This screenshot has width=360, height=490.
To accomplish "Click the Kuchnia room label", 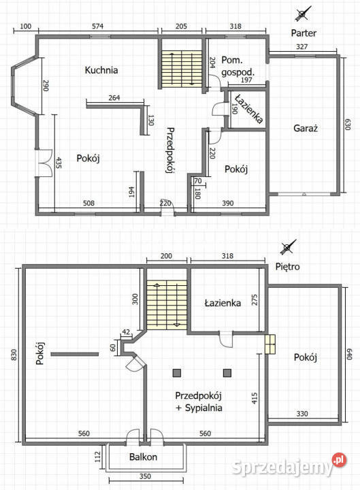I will [101, 70].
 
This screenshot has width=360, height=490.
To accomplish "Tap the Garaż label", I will [306, 128].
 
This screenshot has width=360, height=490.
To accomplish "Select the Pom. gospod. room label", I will [237, 65].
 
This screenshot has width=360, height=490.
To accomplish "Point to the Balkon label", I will [143, 457].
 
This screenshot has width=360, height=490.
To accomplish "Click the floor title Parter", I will [304, 33].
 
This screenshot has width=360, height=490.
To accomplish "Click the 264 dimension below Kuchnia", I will [114, 97].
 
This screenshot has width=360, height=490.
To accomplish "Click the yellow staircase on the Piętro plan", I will [167, 306].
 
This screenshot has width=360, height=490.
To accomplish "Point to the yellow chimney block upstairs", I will [271, 344].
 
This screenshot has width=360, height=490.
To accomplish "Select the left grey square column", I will [177, 372].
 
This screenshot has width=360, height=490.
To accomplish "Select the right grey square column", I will [227, 372].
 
